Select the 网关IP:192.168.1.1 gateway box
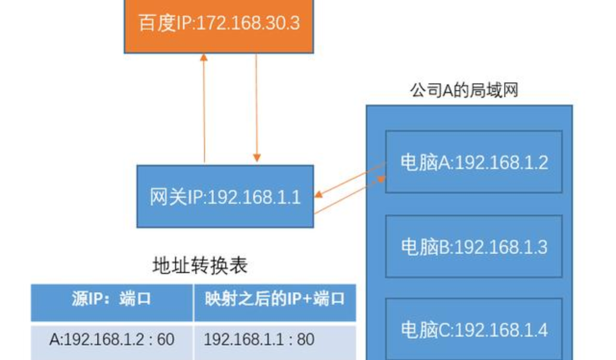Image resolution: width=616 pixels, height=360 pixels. pos(225,196)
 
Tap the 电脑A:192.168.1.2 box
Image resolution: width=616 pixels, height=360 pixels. pos(474,162)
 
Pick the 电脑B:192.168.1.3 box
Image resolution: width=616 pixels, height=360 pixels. pos(474,246)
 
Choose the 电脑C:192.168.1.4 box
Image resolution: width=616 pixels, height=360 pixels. pos(474,329)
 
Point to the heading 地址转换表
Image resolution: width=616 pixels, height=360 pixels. pos(200,266)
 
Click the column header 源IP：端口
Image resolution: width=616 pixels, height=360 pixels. pos(112,300)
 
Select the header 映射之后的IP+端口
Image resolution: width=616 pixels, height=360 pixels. pos(275,300)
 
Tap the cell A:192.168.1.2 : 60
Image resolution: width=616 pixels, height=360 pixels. pos(112,339)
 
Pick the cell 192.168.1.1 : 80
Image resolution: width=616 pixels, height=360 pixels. pos(259,339)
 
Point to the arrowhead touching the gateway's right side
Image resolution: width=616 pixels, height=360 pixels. pos(319,197)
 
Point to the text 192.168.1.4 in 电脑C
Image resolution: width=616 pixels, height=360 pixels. pos(502,330)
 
